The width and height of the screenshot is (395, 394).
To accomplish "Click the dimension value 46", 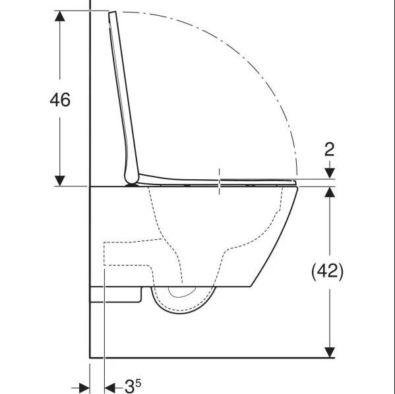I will click(x=60, y=99).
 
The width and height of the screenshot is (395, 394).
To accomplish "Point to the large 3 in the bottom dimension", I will click(x=129, y=386).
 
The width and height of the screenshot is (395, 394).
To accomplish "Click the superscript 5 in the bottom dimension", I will click(x=138, y=381).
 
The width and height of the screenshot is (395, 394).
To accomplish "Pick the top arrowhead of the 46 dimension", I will click(x=60, y=18).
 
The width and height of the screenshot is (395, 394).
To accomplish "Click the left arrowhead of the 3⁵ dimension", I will click(x=83, y=387).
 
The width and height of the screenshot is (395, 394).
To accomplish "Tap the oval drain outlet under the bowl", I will click(x=178, y=291).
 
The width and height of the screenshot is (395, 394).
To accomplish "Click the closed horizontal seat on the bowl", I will click(x=218, y=179).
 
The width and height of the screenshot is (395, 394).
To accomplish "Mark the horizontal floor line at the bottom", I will click(x=211, y=358).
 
